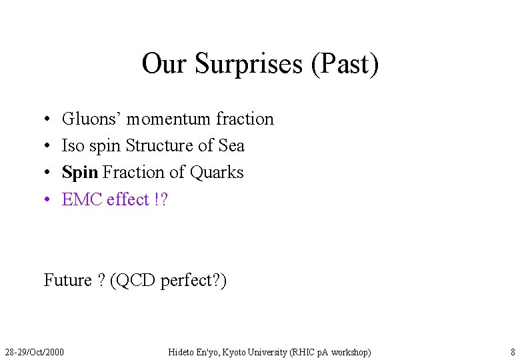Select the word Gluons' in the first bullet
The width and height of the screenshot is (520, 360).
91,119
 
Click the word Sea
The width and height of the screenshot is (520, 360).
231,145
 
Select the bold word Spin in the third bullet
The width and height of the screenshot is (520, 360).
80,173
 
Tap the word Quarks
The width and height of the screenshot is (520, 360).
217,172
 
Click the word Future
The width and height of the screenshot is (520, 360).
67,280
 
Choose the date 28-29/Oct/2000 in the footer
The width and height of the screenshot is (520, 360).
35,351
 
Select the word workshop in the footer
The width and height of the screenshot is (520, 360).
349,351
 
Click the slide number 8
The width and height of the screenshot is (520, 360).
513,351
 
